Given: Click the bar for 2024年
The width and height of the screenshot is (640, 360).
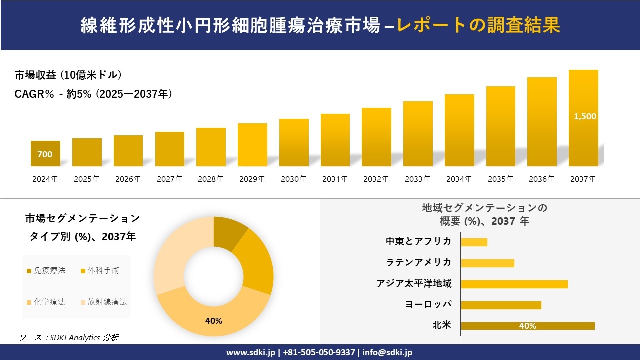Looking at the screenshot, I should click(x=45, y=153).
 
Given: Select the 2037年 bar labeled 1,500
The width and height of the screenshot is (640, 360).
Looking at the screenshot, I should click(x=583, y=118).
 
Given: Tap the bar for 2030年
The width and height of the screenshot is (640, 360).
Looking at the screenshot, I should click(x=294, y=142).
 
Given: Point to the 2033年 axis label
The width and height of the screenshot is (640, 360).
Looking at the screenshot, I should click(x=417, y=179).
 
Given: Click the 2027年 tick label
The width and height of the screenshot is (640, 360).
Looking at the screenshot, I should click(x=169, y=179).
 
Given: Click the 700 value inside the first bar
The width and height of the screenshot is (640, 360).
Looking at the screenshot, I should click(x=45, y=155).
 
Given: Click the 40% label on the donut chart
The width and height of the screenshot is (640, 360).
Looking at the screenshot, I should click(x=213, y=321).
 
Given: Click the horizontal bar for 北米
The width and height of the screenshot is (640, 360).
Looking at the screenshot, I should click(x=527, y=326).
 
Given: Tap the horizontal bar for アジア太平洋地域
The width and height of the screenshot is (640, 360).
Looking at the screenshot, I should click(x=514, y=284).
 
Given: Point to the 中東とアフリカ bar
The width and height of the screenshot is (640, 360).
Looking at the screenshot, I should click(x=474, y=242).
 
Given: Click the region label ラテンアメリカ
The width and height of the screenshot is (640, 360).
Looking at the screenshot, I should click(x=419, y=262).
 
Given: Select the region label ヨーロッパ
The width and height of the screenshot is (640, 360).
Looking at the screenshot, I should click(x=428, y=304).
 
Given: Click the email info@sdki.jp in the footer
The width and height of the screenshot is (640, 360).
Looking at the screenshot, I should click(x=387, y=352).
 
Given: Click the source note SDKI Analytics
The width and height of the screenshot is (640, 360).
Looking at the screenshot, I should click(x=70, y=338).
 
